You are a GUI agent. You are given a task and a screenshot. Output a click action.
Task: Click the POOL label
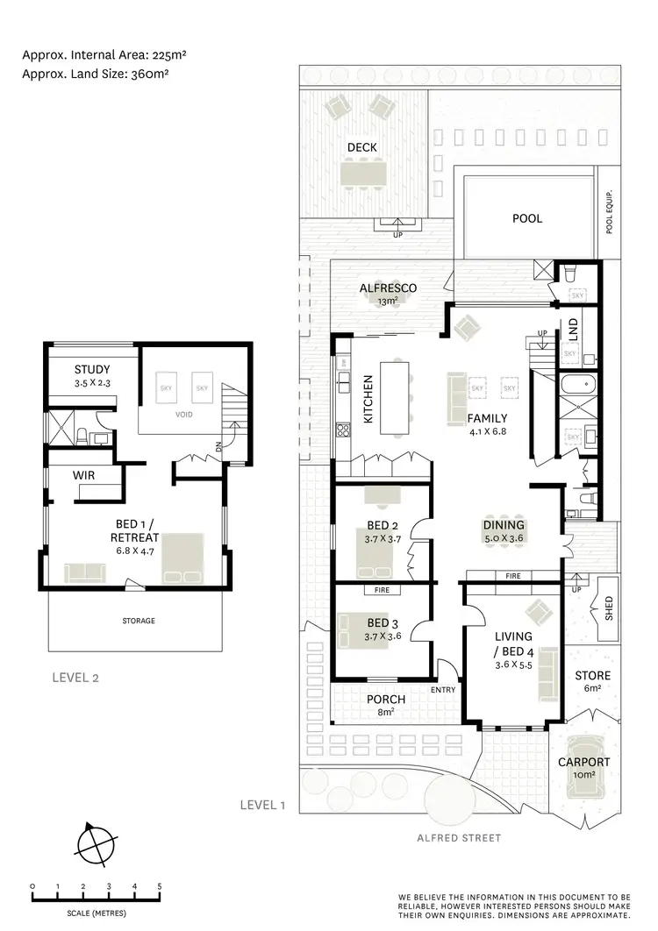pyautogui.click(x=527, y=218)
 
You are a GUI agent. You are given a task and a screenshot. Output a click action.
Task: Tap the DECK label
pyautogui.click(x=361, y=147)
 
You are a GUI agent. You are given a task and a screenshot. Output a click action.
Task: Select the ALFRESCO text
pyautogui.click(x=388, y=288)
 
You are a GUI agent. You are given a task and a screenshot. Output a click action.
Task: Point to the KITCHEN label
pyautogui.click(x=368, y=400)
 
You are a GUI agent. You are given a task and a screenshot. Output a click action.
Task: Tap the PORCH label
pyautogui.click(x=386, y=699)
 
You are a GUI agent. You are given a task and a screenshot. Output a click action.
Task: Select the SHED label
pyautogui.click(x=610, y=607)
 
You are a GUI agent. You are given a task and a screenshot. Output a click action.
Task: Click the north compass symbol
pyautogui.click(x=95, y=845)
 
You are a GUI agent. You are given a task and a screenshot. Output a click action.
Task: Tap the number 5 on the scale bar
pyautogui.click(x=160, y=886)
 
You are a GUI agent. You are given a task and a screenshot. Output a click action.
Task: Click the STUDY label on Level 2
pyautogui.click(x=92, y=369)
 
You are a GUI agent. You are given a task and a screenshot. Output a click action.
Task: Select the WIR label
pyautogui.click(x=85, y=474)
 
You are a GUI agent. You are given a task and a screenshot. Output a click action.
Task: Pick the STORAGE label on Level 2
pyautogui.click(x=139, y=621)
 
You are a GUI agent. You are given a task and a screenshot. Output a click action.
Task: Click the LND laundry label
pyautogui.click(x=573, y=330)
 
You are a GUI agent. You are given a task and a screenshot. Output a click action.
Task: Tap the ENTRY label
pyautogui.click(x=444, y=690)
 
